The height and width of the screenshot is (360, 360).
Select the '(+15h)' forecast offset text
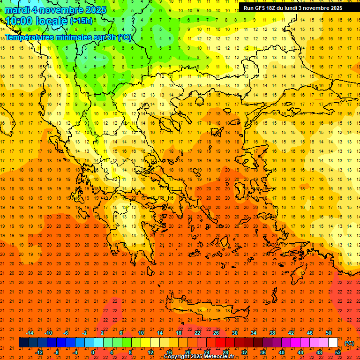[x=81, y=21]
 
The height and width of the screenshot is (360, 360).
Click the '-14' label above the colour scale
[x=30, y=333]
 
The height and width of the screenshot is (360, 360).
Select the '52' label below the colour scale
[x=338, y=352]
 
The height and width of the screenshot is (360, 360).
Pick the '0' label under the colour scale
[x=93, y=352]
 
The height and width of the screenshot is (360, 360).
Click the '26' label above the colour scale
[x=216, y=333]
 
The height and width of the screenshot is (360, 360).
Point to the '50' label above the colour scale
[x=328, y=333]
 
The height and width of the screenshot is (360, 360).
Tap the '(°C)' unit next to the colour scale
[x=349, y=343]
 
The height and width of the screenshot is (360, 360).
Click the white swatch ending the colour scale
[x=333, y=343]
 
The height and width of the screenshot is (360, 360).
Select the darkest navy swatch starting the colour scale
[x=23, y=343]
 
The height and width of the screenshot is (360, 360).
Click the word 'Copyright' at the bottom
[x=176, y=357]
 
